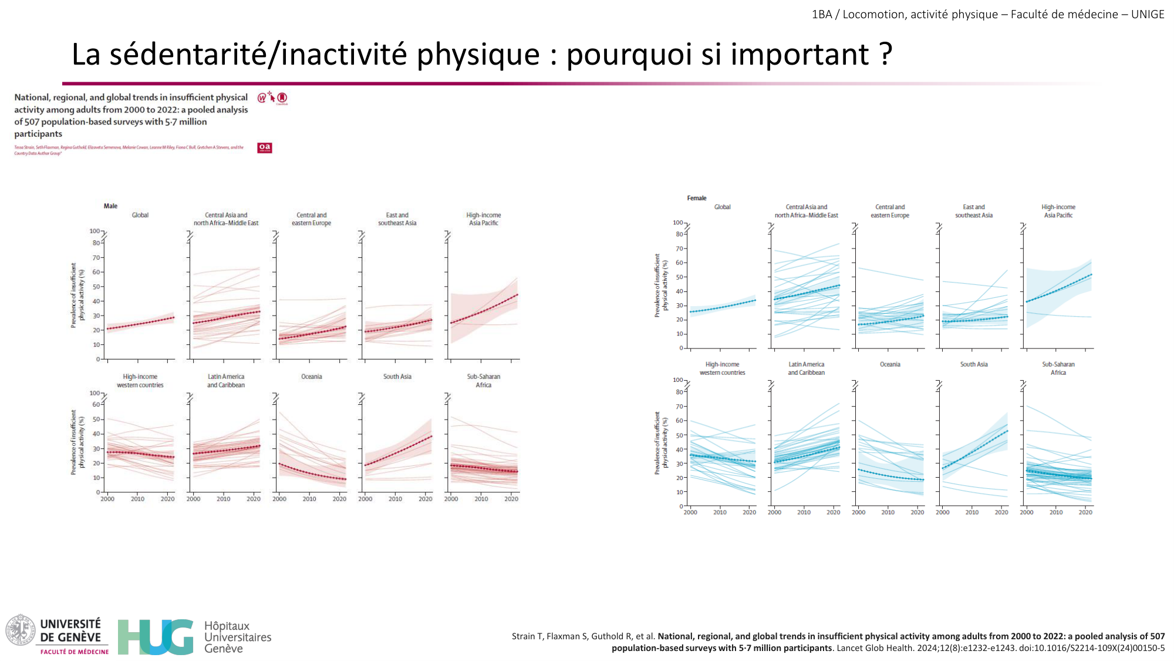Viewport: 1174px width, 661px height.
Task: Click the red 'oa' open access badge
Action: [264, 147]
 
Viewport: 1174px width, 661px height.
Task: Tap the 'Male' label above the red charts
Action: [110, 206]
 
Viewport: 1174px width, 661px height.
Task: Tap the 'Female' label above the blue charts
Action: [697, 198]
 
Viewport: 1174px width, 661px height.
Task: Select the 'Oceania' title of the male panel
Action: [311, 377]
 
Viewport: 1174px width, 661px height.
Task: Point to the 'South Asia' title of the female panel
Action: [974, 364]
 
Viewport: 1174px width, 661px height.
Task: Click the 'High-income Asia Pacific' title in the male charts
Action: [484, 219]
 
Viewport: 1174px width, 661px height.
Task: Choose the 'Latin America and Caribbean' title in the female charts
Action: [806, 368]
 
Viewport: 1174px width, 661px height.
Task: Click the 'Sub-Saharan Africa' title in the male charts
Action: [484, 381]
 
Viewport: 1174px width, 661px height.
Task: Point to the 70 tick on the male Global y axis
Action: [96, 257]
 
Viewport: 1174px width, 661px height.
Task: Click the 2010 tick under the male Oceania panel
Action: [309, 499]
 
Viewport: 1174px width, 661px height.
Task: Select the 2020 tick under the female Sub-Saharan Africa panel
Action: [1085, 512]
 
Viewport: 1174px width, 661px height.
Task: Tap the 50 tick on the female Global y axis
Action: [679, 277]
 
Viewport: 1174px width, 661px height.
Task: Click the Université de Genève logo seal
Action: [21, 630]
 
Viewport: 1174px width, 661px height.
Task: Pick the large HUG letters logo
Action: [155, 637]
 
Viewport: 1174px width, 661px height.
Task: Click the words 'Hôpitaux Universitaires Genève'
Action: [237, 637]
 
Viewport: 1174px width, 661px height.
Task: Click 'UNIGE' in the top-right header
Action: [1148, 14]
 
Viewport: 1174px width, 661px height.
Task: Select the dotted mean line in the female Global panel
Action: [723, 306]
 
